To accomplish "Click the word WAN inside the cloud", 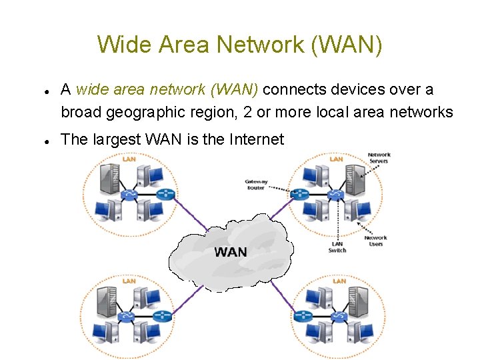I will (230, 252).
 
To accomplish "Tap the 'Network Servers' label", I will (379, 158).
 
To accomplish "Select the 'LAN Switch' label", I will (337, 247).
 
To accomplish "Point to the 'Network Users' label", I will (375, 241).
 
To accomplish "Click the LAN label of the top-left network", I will (129, 159).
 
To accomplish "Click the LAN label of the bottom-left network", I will (129, 281).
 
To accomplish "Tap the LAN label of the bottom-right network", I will (339, 281).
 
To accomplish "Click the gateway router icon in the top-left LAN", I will (164, 195).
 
